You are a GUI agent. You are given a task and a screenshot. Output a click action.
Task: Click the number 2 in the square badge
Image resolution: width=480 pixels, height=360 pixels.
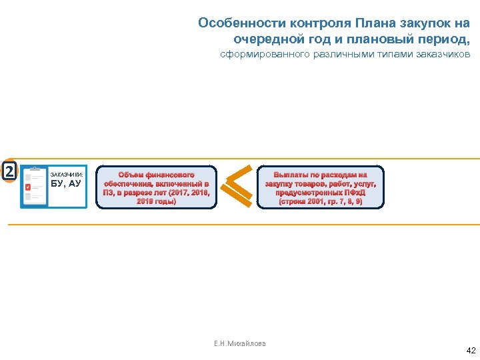pos(9,171)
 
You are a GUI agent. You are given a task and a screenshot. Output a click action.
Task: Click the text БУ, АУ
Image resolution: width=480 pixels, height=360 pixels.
pos(65,183)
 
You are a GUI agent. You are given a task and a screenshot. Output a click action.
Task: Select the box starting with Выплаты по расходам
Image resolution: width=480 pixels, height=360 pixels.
pos(320,187)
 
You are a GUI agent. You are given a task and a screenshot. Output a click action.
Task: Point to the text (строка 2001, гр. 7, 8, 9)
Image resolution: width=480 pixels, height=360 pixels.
pos(320,201)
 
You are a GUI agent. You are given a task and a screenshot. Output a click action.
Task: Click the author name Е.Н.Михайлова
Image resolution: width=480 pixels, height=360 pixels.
pos(239,343)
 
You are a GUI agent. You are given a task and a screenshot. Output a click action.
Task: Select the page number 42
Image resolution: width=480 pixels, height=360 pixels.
pos(471,350)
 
